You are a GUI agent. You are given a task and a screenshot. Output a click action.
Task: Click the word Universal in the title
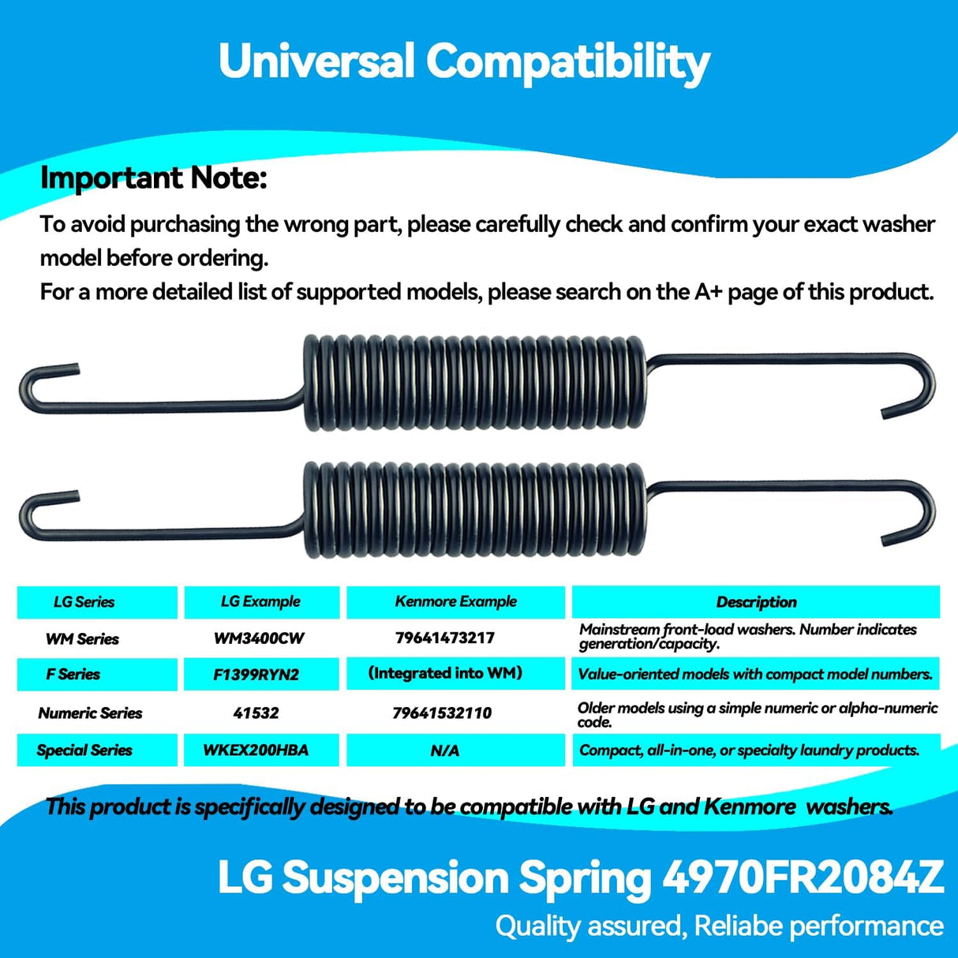point(316,61)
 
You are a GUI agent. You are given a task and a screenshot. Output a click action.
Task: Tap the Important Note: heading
point(153,178)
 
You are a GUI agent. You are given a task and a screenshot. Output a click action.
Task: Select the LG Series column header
point(84,602)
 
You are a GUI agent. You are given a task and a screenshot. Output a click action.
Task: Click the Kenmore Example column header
point(456,601)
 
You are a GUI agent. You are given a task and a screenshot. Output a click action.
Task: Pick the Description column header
point(756,602)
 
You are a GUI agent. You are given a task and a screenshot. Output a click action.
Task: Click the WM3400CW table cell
point(259,638)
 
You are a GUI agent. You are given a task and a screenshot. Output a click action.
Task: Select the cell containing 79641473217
point(445,638)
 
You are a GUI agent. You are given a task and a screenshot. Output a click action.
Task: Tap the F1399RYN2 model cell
point(256,675)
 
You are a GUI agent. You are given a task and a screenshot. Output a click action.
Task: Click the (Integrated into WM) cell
point(445,673)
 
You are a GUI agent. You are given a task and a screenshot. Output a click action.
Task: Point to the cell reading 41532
point(256,713)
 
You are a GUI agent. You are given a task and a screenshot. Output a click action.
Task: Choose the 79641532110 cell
point(442,713)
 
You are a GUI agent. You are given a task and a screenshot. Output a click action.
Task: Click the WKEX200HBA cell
point(256,750)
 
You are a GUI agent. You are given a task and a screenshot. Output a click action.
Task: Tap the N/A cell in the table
point(445,750)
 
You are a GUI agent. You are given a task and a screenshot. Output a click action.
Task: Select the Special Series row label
point(84,750)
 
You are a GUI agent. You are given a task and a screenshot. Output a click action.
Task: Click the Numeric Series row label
point(90,713)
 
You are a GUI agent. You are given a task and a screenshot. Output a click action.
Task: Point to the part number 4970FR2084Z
point(803,878)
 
